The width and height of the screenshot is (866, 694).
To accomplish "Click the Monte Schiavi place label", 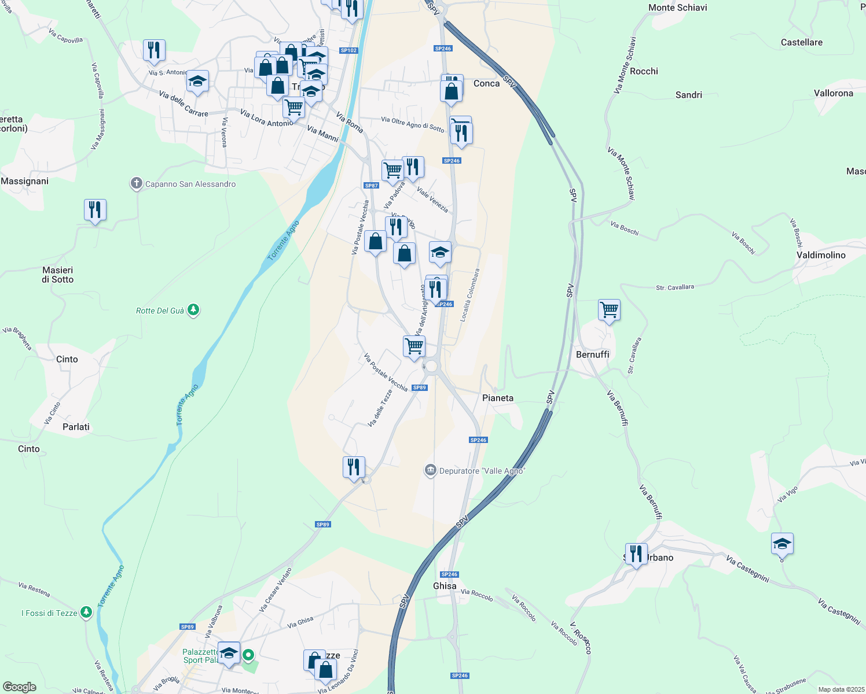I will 677,8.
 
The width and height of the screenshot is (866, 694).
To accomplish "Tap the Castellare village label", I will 801,42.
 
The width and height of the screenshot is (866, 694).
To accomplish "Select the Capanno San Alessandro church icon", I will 136,184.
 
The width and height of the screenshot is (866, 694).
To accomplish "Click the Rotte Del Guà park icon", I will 194,311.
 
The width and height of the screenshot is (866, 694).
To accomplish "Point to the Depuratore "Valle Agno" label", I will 482,471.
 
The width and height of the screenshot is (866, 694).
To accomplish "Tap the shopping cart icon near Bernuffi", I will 609,309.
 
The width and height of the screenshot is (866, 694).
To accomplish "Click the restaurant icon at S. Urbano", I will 636,553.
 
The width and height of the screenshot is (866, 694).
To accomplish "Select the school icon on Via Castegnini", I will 781,544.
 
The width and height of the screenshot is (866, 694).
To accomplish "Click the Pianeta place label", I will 497,398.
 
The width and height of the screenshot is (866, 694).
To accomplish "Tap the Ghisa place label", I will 445,586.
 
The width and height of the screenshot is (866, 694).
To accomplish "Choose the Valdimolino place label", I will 821,255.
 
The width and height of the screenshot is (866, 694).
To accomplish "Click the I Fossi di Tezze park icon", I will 86,612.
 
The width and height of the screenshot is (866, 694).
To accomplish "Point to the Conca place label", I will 486,83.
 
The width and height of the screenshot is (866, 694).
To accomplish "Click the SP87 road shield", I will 371,186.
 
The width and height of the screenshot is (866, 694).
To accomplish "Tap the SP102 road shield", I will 348,50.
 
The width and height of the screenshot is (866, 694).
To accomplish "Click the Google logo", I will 20,686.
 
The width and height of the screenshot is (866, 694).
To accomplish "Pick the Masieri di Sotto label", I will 57,275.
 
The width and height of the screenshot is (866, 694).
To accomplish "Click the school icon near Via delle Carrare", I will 197,81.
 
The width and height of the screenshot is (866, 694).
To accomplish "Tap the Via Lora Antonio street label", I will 266,118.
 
